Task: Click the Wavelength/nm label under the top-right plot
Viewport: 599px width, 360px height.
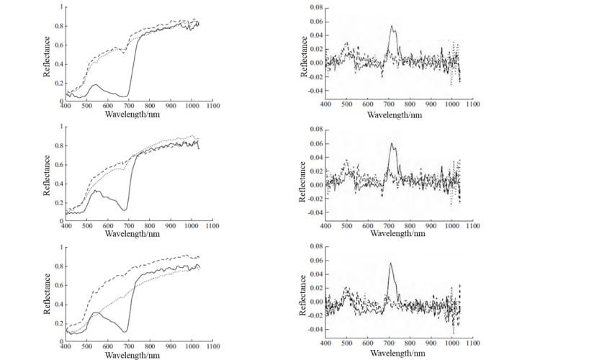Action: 398,114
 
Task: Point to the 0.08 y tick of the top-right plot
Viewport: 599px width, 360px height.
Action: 316,8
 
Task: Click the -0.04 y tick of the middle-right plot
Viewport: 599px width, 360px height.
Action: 315,212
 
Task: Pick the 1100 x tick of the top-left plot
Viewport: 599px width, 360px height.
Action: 212,105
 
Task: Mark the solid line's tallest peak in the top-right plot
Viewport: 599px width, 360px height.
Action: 392,27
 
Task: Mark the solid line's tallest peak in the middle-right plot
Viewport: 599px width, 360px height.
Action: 392,143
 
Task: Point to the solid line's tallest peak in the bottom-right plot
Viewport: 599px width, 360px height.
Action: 391,263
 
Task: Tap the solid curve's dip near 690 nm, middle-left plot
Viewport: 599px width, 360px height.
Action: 125,210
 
